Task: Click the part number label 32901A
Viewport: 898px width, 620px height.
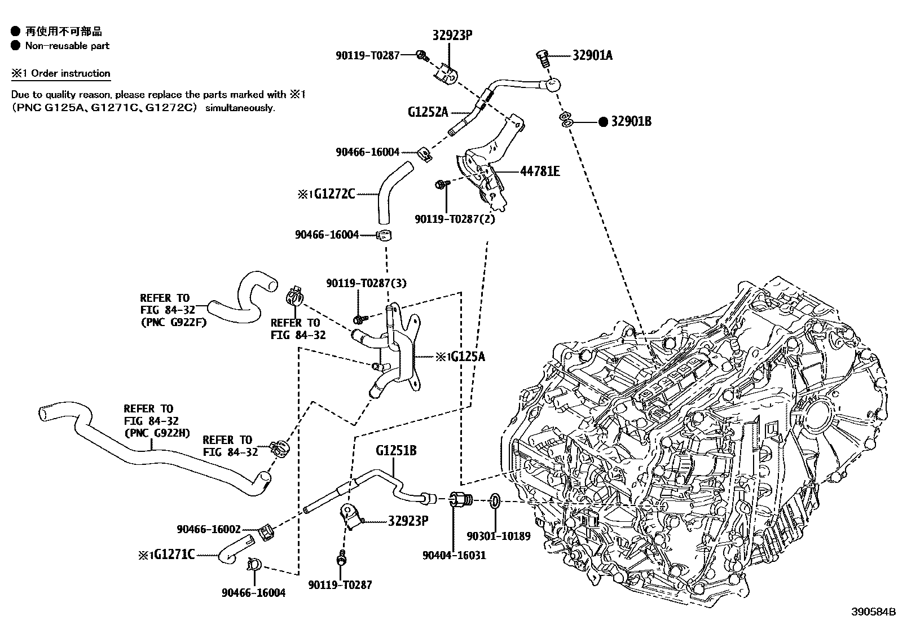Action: click(592, 55)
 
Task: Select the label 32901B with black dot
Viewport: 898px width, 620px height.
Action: click(630, 121)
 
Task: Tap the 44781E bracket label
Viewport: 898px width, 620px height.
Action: click(539, 171)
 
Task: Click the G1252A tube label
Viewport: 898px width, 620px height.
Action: click(428, 112)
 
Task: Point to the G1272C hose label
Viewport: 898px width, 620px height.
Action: click(334, 194)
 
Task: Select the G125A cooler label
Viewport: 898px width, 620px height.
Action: click(465, 357)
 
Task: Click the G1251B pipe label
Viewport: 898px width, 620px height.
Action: click(397, 450)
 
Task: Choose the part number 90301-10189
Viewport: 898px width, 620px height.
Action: click(499, 536)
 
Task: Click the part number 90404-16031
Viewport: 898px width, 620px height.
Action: click(454, 555)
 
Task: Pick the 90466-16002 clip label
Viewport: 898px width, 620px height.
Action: click(209, 529)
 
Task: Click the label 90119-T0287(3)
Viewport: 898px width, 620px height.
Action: click(366, 283)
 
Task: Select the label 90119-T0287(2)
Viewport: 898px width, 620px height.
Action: click(454, 219)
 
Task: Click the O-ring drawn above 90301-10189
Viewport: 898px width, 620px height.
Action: click(495, 500)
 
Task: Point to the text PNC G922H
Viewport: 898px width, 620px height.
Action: click(157, 433)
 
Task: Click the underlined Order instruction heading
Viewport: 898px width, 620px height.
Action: click(71, 73)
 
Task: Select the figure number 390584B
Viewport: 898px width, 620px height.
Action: click(873, 612)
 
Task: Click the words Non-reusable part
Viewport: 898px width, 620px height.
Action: click(67, 46)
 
